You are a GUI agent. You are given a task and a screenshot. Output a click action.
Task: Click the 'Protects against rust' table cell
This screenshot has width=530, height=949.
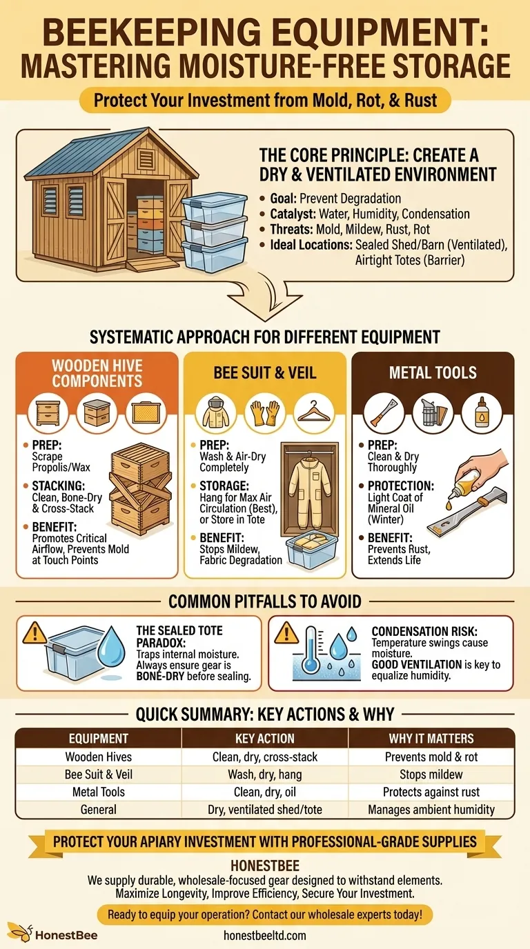tap(431, 792)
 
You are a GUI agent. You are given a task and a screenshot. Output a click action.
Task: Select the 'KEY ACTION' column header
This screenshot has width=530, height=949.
tap(265, 738)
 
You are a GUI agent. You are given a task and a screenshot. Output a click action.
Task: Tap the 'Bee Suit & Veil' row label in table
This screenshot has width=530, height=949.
tap(98, 775)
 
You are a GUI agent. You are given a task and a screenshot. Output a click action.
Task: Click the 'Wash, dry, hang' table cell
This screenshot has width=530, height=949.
tap(265, 775)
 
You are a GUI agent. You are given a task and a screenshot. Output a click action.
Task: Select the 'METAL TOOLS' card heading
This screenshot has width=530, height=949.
tap(433, 373)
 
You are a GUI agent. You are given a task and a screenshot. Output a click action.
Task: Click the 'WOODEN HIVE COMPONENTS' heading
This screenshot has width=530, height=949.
tap(97, 373)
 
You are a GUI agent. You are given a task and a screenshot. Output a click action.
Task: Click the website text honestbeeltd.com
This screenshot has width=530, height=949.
tap(264, 935)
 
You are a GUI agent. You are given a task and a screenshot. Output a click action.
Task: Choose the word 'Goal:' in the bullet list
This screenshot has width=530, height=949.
tap(284, 199)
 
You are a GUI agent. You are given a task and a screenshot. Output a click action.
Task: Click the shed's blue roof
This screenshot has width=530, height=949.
tap(104, 148)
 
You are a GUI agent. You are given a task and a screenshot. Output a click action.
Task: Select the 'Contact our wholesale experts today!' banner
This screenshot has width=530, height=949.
tap(264, 915)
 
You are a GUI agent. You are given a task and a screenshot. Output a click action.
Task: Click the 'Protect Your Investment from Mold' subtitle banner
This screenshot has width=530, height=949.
tap(265, 100)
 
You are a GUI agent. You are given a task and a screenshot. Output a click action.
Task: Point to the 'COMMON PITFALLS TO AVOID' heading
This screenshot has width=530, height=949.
tap(265, 601)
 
